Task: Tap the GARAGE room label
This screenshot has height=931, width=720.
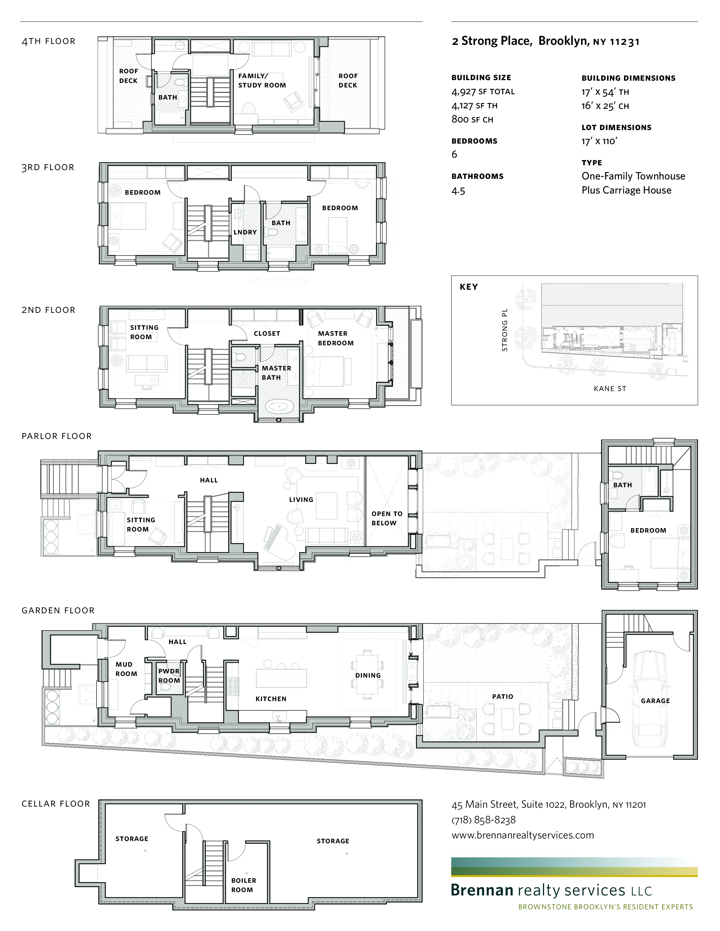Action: pyautogui.click(x=655, y=701)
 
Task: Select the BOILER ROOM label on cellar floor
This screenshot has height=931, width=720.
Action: pyautogui.click(x=244, y=885)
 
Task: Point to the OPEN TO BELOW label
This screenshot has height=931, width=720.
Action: pyautogui.click(x=387, y=518)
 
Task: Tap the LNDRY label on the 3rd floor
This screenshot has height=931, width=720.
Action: pyautogui.click(x=245, y=232)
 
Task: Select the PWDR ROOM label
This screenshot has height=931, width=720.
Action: pyautogui.click(x=169, y=676)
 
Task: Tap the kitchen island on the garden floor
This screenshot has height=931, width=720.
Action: pyautogui.click(x=281, y=678)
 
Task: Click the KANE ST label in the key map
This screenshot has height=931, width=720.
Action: pyautogui.click(x=610, y=389)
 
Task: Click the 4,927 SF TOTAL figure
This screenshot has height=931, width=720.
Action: pyautogui.click(x=483, y=92)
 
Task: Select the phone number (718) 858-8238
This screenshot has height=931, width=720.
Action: pyautogui.click(x=483, y=820)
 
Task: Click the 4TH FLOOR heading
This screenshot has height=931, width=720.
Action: pyautogui.click(x=49, y=41)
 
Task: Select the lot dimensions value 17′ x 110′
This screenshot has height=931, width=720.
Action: pyautogui.click(x=599, y=141)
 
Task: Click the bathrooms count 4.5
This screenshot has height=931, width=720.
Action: pyautogui.click(x=458, y=191)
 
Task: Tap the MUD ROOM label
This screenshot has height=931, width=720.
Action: pyautogui.click(x=126, y=669)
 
